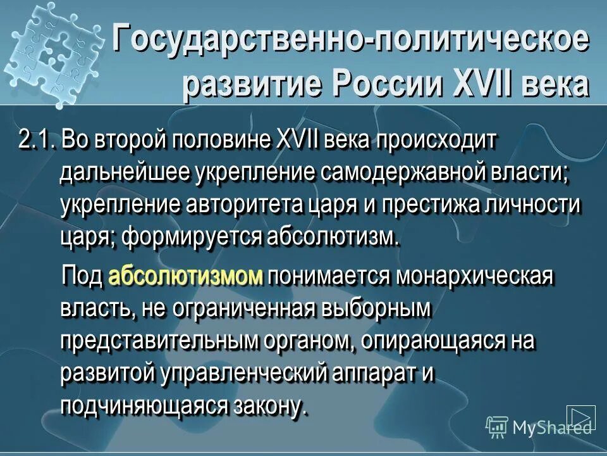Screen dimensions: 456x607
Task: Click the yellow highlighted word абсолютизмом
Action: tap(185, 277)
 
